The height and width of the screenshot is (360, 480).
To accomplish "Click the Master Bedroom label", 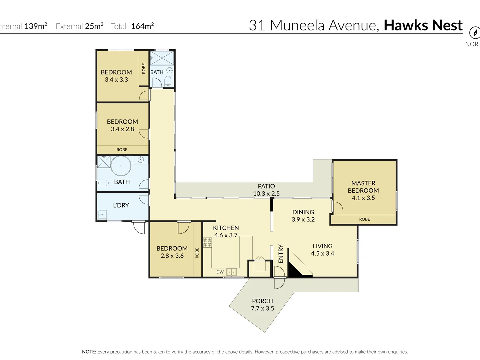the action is point(363,187).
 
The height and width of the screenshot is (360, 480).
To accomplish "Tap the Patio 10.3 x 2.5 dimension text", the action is point(266,193).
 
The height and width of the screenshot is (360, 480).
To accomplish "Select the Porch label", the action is point(262,301).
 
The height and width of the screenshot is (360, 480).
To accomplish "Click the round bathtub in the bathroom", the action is point(121,166).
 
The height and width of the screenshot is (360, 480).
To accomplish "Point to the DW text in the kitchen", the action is point(220,272).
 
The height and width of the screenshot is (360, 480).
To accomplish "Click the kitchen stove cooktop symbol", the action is point(208,242).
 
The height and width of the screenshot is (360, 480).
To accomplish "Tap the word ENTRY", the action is point(281,254).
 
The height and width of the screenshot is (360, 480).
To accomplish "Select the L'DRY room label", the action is point(121,205).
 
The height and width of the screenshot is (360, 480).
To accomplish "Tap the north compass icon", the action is point(475,33).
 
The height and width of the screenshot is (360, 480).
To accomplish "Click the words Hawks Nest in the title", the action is point(423,25).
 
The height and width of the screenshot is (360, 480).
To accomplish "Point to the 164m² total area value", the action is point(142,26).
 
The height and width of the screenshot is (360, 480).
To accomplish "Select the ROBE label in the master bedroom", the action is point(365,219).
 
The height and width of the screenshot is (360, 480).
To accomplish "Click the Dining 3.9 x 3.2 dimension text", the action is point(303,219).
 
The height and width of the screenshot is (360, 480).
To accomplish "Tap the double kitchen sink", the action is point(231,272).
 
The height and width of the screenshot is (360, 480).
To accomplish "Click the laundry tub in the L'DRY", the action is point(102,215).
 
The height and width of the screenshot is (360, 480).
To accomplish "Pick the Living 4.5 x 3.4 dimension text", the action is point(323,253).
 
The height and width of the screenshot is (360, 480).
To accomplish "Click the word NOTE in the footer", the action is point(89,352).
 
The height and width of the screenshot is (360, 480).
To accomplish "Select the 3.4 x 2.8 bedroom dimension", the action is point(122,129).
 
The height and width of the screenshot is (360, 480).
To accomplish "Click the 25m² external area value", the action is point(94,26).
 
